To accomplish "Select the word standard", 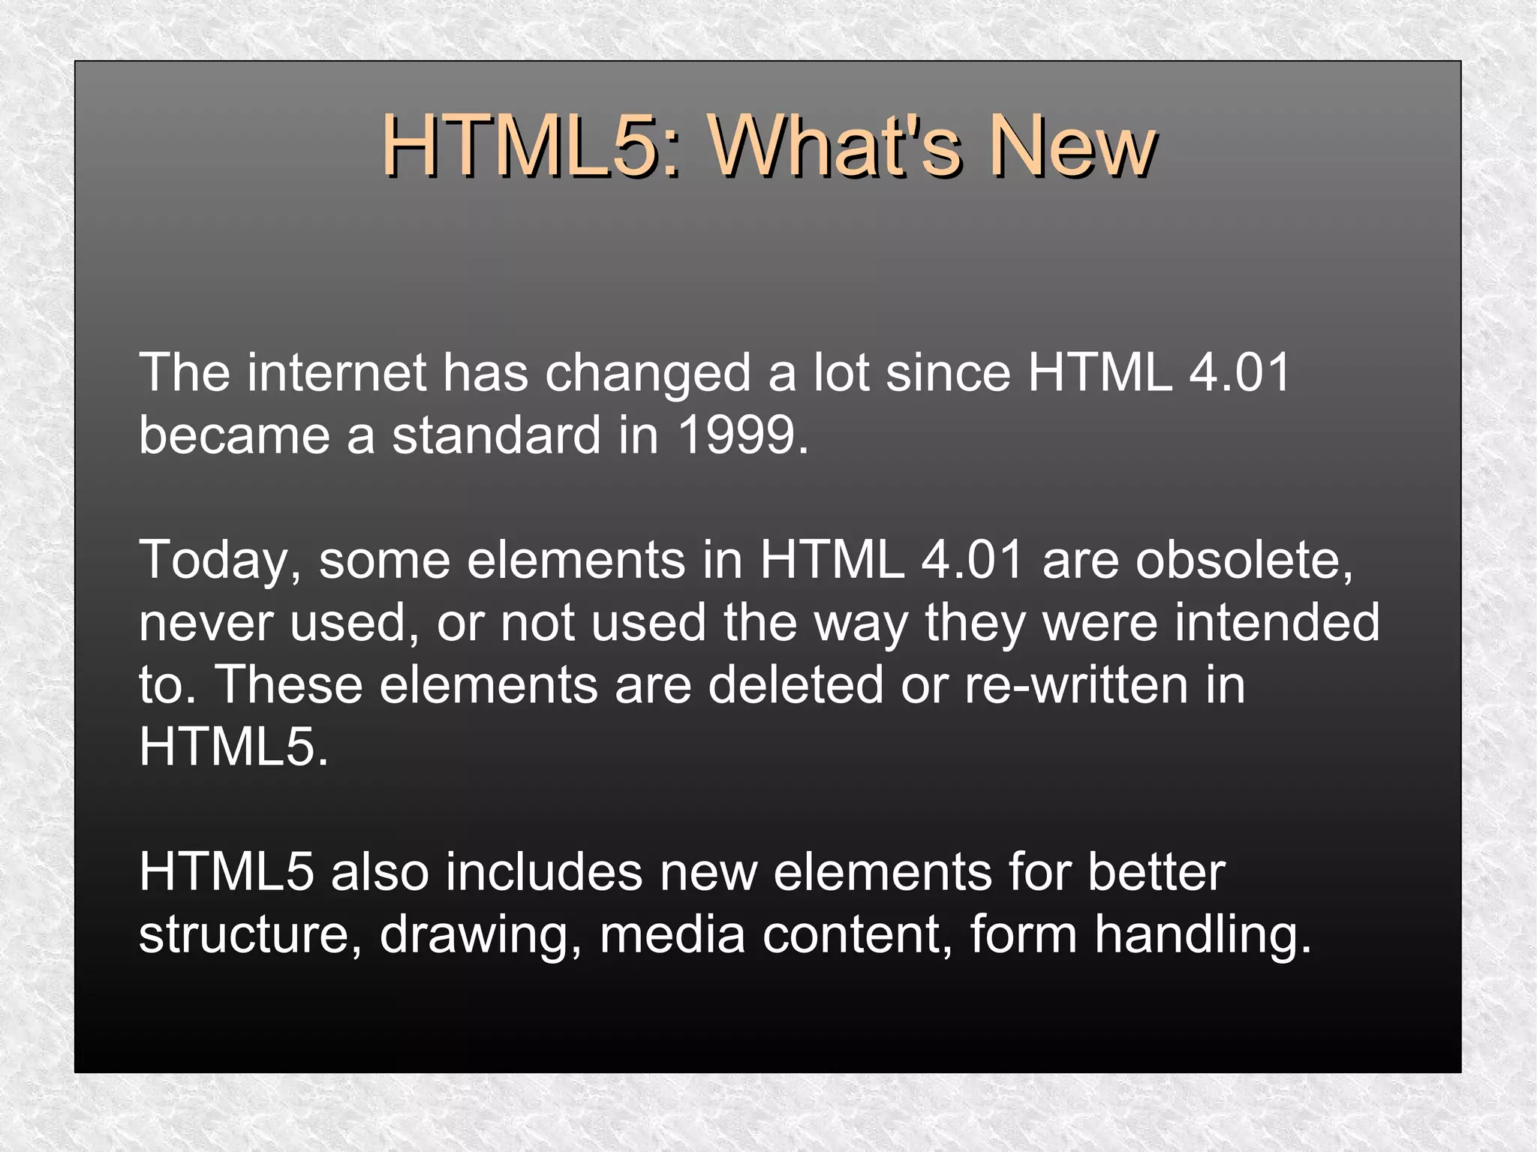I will (496, 435).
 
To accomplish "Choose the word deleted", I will (796, 684).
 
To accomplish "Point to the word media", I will (672, 934).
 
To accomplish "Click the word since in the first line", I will (949, 372).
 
